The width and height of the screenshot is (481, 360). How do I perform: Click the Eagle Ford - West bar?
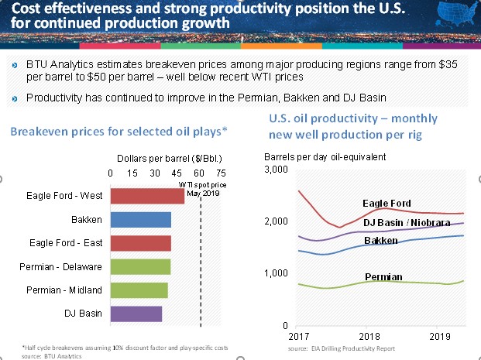click(x=148, y=197)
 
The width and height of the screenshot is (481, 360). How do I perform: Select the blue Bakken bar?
click(x=141, y=221)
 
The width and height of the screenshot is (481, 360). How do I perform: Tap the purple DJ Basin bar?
click(x=136, y=314)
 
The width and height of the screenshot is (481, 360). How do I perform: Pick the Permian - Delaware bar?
click(x=141, y=267)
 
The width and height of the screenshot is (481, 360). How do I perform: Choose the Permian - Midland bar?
click(x=139, y=290)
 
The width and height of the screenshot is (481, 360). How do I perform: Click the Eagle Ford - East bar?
click(x=141, y=244)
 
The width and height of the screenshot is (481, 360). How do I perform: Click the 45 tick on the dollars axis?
click(x=177, y=173)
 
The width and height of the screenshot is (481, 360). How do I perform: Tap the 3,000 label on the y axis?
click(x=278, y=170)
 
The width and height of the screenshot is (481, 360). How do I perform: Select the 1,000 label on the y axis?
click(x=278, y=273)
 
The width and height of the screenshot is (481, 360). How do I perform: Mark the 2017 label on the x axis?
click(x=297, y=338)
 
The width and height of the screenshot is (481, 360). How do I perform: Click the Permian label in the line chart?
click(x=383, y=276)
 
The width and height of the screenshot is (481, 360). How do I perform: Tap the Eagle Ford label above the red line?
click(x=387, y=203)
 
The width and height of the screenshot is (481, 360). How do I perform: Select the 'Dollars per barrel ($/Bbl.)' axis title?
click(x=167, y=158)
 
